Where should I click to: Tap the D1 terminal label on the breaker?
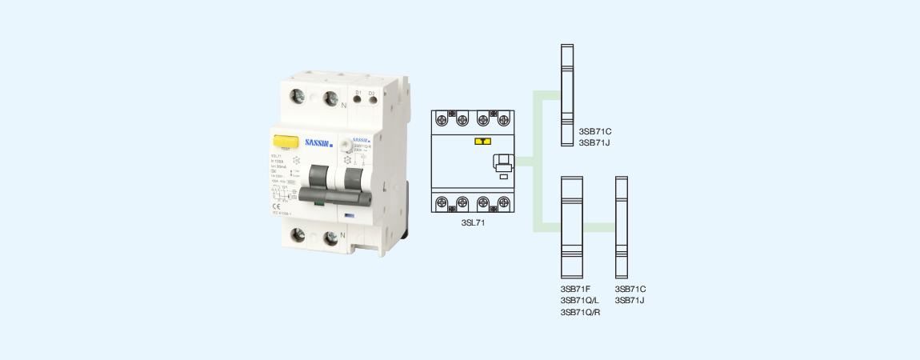point(358,94)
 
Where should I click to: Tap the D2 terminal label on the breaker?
point(371,94)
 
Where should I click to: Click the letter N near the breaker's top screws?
point(344,105)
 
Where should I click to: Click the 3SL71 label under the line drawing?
point(473,223)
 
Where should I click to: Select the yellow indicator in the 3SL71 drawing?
point(482,141)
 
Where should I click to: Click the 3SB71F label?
point(575,289)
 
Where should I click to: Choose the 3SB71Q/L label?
point(580,300)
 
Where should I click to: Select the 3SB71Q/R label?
point(580,312)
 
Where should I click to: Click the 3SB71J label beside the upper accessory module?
point(594,142)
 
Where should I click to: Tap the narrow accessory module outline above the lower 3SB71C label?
point(621,226)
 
